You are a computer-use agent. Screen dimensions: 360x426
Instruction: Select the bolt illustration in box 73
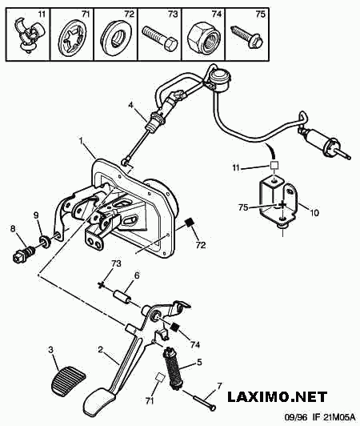(160, 38)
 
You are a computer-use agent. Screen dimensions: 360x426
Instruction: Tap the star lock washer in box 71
(72, 39)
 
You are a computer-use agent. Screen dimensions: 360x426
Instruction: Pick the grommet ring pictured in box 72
(116, 37)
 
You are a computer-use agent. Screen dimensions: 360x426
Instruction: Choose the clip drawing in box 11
(28, 34)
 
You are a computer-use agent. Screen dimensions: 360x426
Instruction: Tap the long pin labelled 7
(204, 400)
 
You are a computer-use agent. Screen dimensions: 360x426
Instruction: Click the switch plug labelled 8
(23, 253)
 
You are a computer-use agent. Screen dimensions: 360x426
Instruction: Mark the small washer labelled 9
(45, 242)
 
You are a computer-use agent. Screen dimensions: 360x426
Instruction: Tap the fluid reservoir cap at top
(220, 78)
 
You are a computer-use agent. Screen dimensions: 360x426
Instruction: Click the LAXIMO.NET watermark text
(278, 397)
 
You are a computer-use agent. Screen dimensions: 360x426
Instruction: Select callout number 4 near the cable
(131, 105)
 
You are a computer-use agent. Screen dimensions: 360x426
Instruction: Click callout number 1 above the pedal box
(81, 140)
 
